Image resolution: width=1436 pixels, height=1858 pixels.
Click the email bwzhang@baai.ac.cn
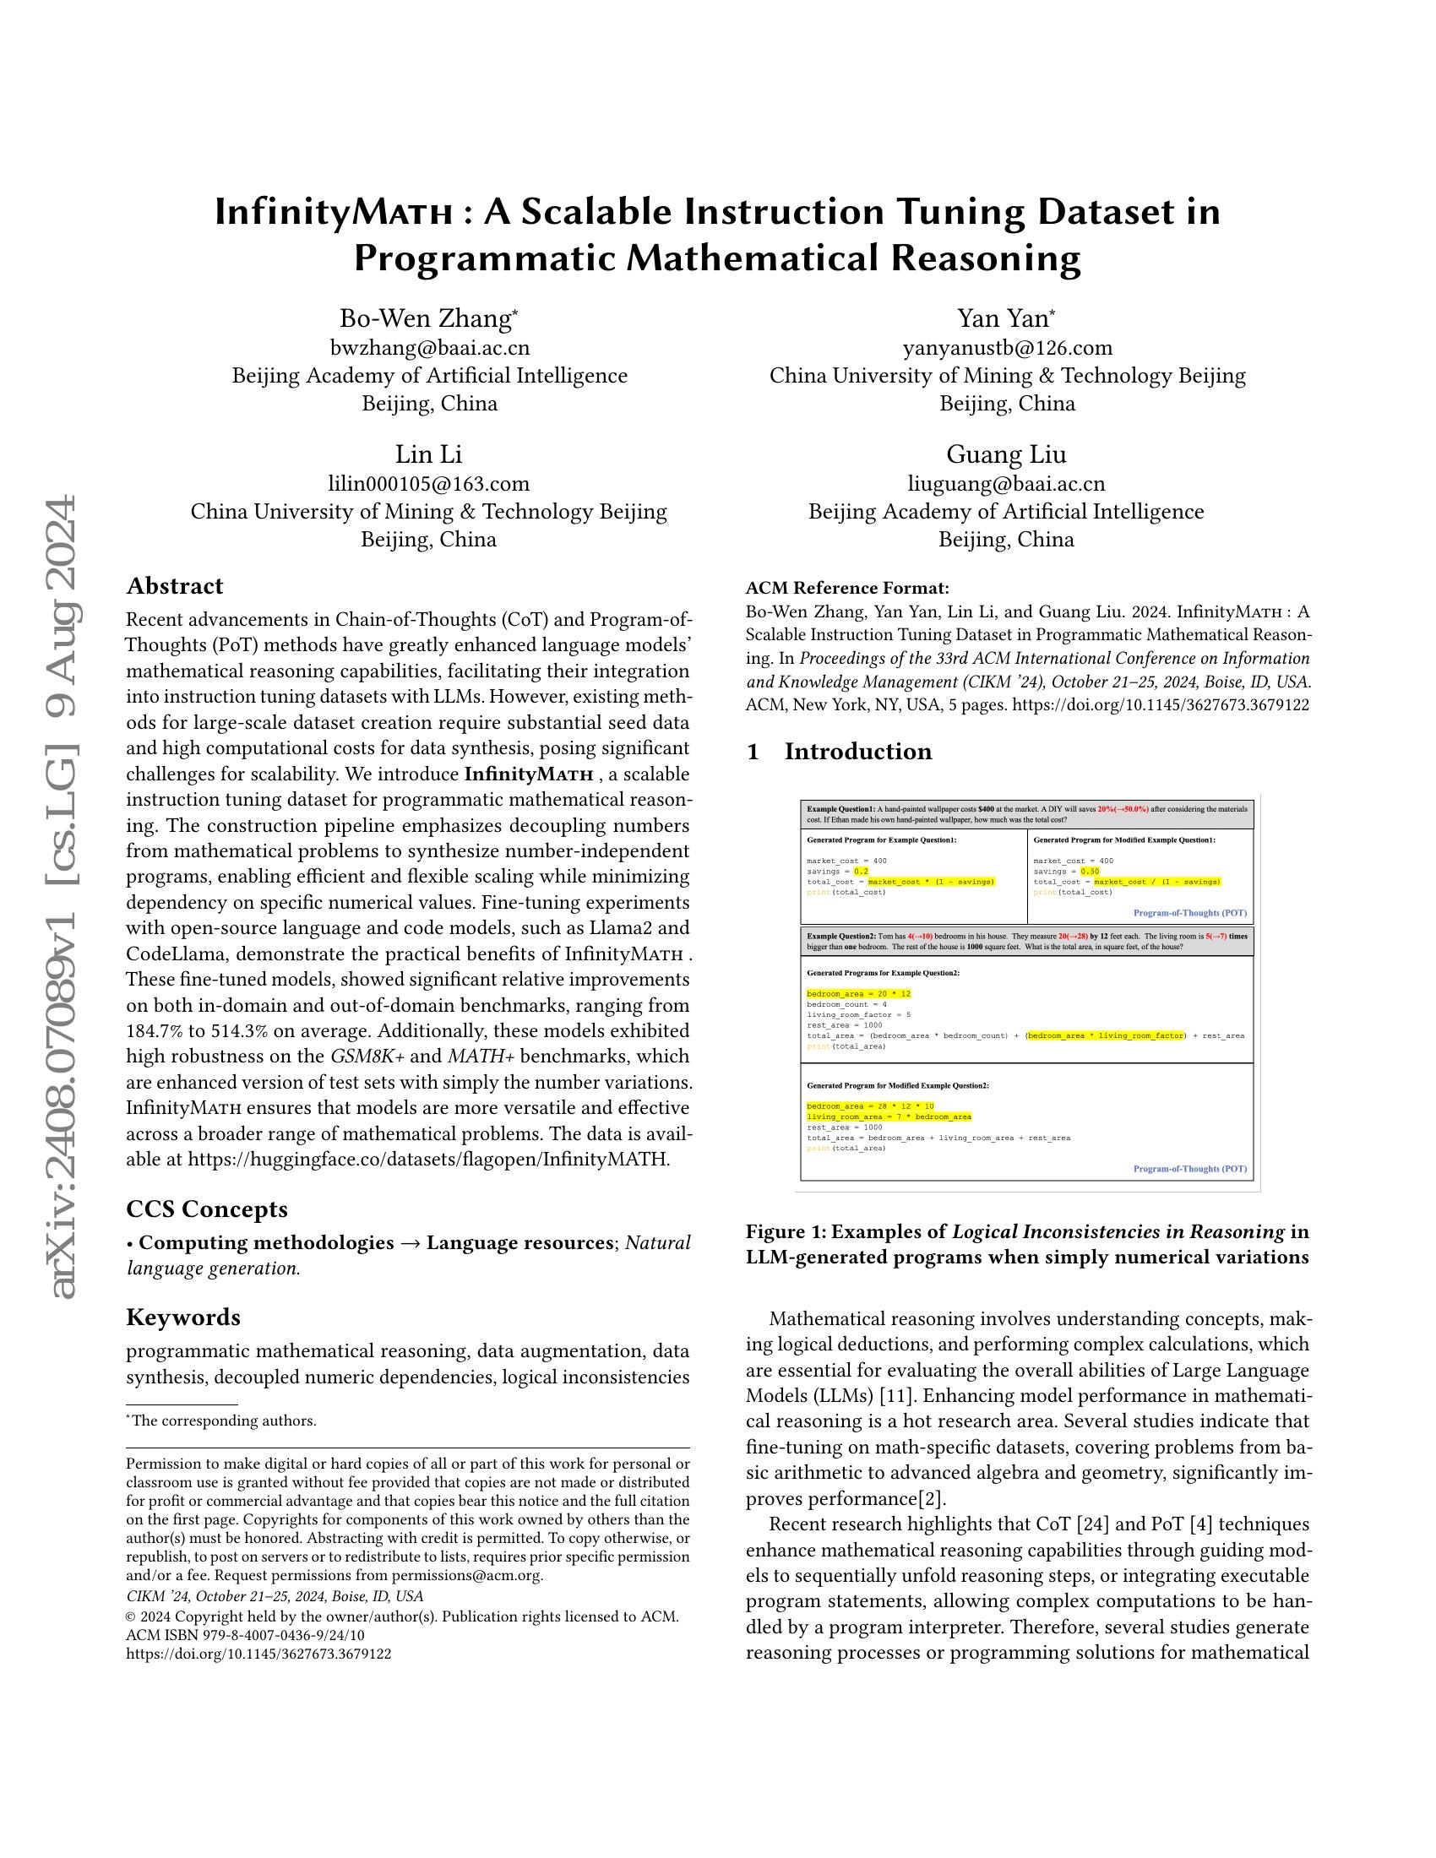coord(430,348)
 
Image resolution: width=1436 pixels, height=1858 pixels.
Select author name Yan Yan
coord(1006,318)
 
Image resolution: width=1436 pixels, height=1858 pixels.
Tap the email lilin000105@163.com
coord(429,484)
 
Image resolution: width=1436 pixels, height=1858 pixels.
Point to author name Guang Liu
coord(1006,454)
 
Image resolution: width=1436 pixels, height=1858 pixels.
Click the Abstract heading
coord(174,586)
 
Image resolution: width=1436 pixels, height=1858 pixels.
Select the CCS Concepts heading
coord(207,1209)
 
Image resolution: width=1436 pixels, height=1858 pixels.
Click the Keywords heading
coord(183,1317)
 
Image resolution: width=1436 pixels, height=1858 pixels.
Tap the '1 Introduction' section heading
coord(839,751)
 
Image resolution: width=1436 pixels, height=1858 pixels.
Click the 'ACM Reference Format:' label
coord(847,588)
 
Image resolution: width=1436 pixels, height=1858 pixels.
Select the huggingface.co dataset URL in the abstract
coord(429,1159)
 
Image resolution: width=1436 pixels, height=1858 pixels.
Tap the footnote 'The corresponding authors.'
coord(223,1421)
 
